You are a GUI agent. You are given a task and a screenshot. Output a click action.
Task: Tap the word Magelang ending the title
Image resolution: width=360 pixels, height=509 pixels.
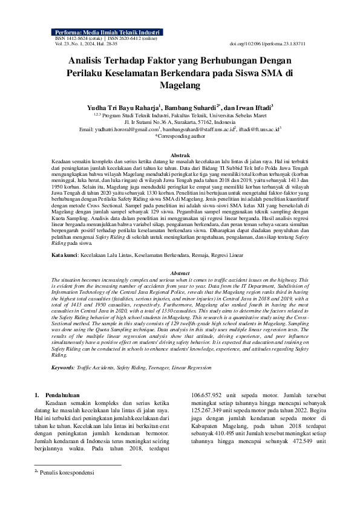180,86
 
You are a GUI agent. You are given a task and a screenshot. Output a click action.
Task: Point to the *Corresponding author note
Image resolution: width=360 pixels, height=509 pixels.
180,136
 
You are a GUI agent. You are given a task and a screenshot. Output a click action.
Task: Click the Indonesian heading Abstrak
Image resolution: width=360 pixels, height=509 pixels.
180,155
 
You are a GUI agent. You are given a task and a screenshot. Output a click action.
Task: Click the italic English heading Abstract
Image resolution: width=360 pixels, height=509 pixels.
180,273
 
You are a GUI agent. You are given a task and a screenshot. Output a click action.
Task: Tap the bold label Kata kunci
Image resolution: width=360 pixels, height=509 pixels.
65,256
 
